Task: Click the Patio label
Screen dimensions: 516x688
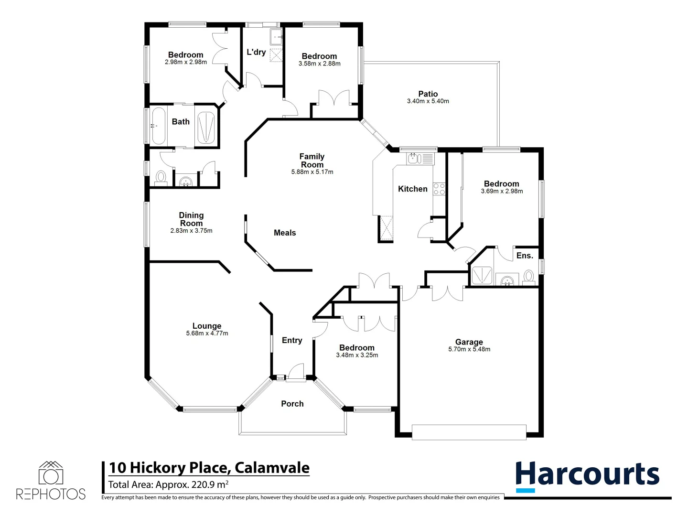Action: coord(428,94)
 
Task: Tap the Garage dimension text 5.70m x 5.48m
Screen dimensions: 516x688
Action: coord(469,349)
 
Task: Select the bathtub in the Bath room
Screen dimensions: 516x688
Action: coord(159,126)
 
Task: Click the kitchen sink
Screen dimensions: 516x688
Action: coord(413,158)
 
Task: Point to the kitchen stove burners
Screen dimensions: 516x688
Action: coord(439,189)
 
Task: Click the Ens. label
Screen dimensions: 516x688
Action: coord(524,256)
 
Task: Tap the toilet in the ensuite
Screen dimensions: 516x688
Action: coord(528,277)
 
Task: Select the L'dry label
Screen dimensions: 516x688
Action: coord(256,52)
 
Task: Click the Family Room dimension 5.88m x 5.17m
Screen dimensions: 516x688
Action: coord(312,172)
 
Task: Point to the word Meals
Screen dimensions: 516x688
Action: coord(285,233)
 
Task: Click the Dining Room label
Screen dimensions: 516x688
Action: coord(191,219)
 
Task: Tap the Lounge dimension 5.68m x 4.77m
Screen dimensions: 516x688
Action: coord(207,333)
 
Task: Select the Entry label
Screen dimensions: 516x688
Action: coord(292,340)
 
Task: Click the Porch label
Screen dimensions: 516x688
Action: coord(292,404)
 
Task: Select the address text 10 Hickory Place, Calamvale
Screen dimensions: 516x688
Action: coord(209,467)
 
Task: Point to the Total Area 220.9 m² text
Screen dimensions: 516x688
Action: coord(168,484)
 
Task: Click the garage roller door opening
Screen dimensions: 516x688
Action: coord(469,432)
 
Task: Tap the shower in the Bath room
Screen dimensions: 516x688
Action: coord(206,127)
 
